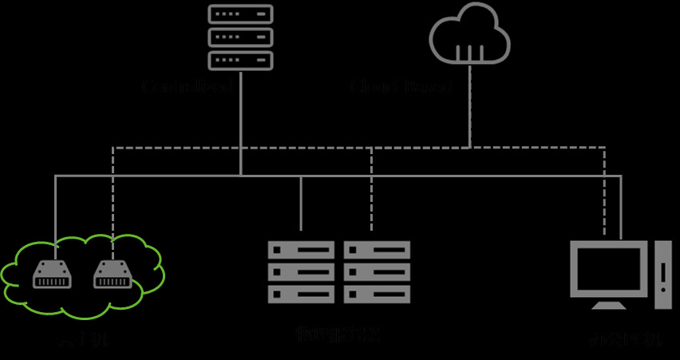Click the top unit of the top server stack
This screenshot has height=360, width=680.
pos(240,14)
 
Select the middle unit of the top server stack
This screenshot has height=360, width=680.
pos(240,37)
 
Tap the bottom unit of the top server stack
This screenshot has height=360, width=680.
pos(240,60)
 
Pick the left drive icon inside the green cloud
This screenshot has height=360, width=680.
pos(52,275)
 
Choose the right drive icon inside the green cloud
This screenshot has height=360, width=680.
pos(113,275)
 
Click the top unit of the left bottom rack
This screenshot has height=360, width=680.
pos(301,250)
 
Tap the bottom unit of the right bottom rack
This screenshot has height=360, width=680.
pos(377,294)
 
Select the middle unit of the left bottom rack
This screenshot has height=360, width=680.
pos(301,272)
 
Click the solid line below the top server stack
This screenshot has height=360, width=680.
pos(240,120)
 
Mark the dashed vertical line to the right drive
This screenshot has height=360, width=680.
pos(113,200)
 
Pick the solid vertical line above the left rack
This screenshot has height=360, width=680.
pos(301,204)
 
